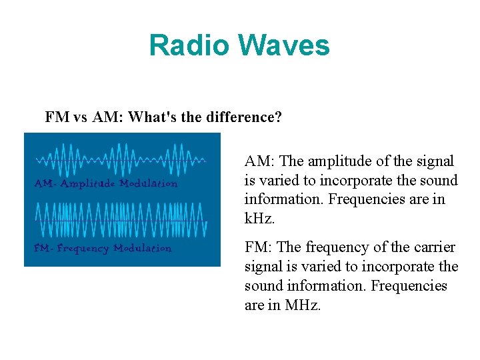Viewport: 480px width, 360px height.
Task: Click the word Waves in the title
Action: pos(284,45)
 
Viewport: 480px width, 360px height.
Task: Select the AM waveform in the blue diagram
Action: pos(121,160)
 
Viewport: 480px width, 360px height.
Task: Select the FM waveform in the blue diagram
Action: pos(121,219)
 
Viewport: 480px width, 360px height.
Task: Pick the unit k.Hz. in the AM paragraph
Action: pos(260,218)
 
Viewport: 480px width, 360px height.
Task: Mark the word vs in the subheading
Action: pos(80,118)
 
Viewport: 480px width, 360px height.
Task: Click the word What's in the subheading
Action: pos(153,118)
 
